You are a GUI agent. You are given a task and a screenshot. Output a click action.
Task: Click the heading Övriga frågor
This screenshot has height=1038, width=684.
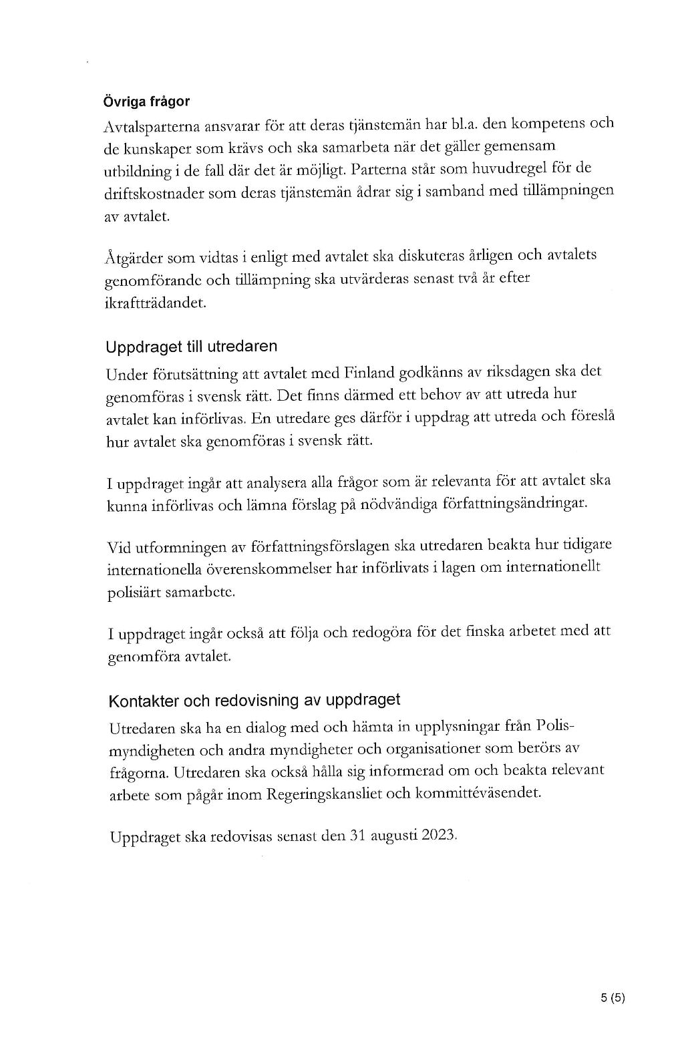coord(146,102)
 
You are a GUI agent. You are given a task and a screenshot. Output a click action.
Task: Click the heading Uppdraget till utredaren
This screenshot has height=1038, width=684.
coord(191,347)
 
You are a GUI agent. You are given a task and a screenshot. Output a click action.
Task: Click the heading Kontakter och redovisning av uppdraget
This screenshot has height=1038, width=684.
coord(254,700)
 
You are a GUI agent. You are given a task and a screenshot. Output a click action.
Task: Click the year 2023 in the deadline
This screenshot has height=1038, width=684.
coord(438,835)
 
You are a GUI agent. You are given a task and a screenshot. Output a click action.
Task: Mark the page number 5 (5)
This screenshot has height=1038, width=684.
coord(612,999)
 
